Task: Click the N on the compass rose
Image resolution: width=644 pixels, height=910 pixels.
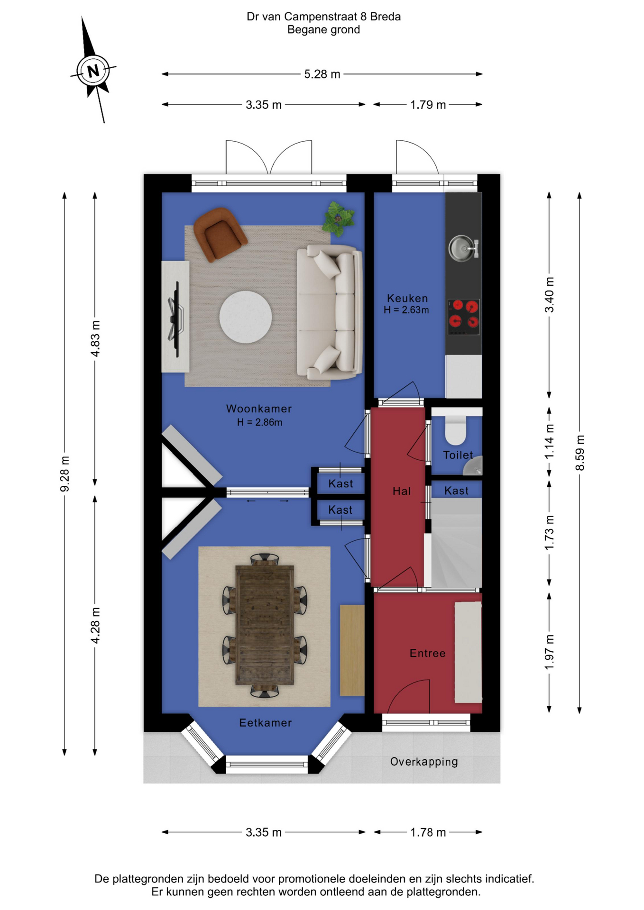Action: point(93,71)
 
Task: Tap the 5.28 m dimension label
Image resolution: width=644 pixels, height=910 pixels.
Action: point(322,74)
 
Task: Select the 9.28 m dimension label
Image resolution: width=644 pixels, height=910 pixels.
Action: point(64,474)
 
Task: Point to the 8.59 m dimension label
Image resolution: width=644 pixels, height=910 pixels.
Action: point(580,453)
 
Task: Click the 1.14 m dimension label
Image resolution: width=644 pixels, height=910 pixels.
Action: point(549,441)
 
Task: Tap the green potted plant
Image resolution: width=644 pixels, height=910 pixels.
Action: point(339,218)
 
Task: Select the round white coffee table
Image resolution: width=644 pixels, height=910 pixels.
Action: point(246,317)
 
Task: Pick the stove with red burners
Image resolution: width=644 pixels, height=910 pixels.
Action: point(464,317)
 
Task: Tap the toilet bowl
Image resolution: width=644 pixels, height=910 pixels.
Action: point(456,430)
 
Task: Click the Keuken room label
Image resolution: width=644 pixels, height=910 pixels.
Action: point(407,298)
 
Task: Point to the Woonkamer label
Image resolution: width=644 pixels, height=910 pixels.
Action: point(259,409)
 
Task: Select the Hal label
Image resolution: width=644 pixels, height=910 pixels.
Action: point(402,491)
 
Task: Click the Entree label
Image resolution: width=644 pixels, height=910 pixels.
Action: point(428,654)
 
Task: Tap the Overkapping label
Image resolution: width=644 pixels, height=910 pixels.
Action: point(424,762)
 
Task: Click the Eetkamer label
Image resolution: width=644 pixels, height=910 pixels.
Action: point(265,723)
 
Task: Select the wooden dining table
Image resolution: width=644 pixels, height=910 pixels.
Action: point(265,625)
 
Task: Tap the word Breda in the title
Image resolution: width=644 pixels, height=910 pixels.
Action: point(385,17)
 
